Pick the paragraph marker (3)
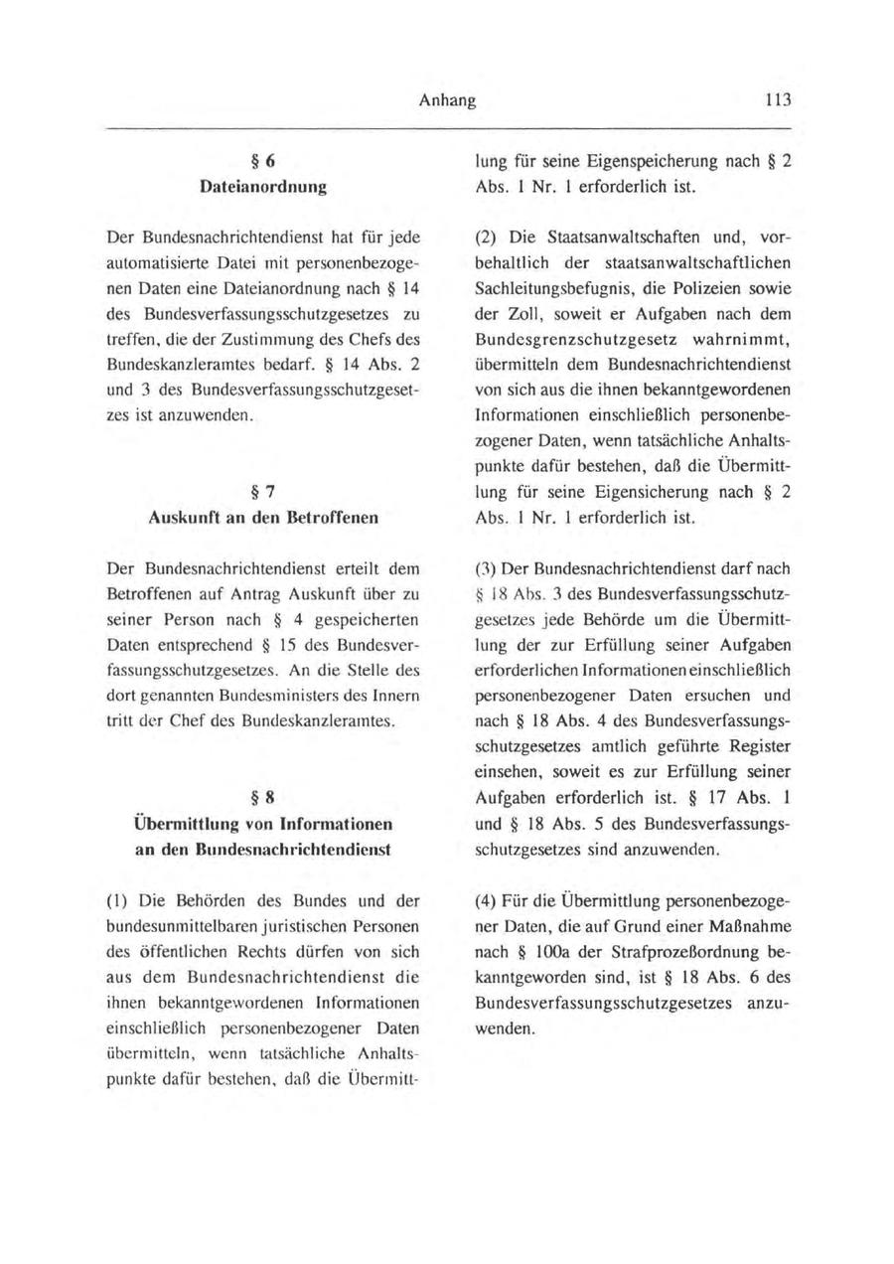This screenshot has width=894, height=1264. click(488, 569)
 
